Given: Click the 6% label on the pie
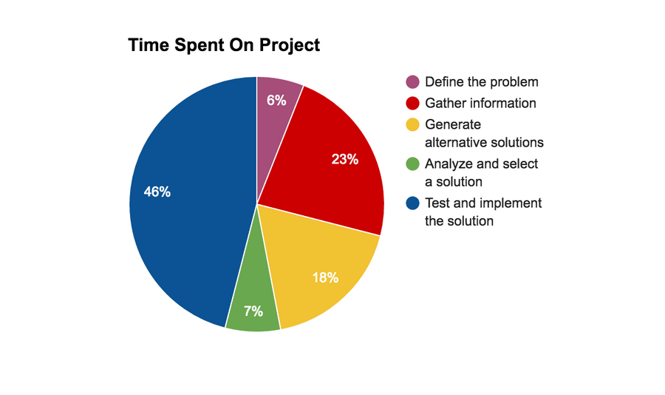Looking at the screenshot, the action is coord(276,101).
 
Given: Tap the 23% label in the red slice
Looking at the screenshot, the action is coord(345,159).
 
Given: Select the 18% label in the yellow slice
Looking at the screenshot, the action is coord(325,278).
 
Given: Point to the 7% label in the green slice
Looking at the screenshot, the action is coord(253,311).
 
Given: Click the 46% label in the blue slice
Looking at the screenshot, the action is coord(157,192).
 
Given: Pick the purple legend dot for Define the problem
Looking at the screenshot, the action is coord(412,82).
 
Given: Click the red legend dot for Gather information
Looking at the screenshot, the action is coord(412,104).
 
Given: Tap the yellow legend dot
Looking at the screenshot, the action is coord(412,124).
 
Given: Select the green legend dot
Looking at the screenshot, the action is coord(412,163).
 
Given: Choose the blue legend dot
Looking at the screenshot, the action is coord(412,203).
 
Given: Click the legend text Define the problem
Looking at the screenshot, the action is coord(481,82).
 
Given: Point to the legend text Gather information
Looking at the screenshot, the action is coord(480,104).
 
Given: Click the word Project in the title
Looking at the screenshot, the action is coord(290,45).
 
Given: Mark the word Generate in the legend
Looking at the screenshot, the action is coord(453,124).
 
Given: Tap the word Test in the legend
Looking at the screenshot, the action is coord(437,203).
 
